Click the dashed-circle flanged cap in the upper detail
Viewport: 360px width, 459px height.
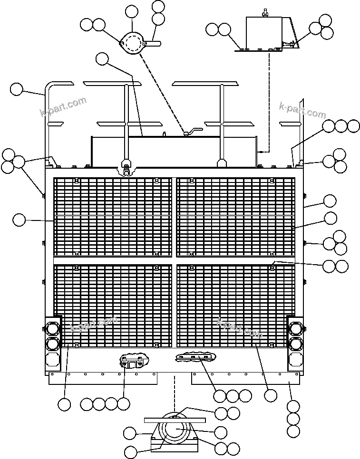click(133, 43)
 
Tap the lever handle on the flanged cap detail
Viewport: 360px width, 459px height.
click(154, 44)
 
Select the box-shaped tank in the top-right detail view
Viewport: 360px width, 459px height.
click(264, 33)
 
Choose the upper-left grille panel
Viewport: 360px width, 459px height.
click(113, 217)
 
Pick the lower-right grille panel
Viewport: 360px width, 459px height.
click(236, 306)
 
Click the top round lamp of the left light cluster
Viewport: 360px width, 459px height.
click(52, 328)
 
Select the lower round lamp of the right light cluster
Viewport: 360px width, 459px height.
click(295, 344)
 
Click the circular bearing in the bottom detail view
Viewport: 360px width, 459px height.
click(175, 430)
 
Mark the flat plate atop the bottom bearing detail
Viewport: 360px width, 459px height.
click(175, 420)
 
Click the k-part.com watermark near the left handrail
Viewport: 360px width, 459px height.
click(63, 107)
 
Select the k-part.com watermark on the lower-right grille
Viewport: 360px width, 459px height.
click(240, 328)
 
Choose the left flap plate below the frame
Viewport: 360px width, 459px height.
click(103, 378)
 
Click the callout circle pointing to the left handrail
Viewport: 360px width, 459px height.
click(16, 89)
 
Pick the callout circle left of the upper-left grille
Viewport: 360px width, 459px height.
click(19, 220)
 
